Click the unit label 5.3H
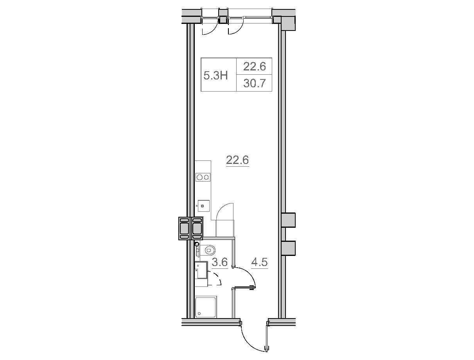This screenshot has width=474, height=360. (215, 76)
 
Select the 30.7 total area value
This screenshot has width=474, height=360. (254, 83)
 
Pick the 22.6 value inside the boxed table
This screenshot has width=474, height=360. (254, 67)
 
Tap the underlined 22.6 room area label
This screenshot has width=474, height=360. (237, 160)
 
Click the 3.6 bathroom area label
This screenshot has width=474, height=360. (220, 262)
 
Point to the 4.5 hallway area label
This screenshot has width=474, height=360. (259, 262)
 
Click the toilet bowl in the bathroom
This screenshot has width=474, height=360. (208, 250)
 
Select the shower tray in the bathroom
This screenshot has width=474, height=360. (205, 308)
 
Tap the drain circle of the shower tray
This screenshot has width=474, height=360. (199, 313)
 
